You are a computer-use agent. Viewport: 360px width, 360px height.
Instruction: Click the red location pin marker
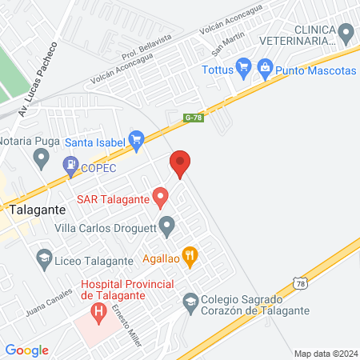(x=180, y=164)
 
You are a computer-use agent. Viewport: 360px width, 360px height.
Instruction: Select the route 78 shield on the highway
(x=299, y=284)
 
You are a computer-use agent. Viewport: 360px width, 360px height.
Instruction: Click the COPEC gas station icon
(x=70, y=167)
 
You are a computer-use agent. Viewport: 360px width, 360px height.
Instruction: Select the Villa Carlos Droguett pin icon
(x=166, y=227)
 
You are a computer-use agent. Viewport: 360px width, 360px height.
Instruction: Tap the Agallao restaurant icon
(x=190, y=258)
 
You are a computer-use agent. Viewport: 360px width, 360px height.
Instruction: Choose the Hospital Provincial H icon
(x=98, y=311)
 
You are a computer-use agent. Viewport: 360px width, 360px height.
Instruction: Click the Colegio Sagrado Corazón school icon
(x=190, y=301)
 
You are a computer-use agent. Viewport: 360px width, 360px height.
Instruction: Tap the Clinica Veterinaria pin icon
(x=346, y=33)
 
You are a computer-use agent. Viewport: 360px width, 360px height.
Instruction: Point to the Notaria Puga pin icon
(x=41, y=158)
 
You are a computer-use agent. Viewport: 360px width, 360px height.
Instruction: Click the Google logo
(x=26, y=350)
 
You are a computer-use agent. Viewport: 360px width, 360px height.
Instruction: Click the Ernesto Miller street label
(x=126, y=326)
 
